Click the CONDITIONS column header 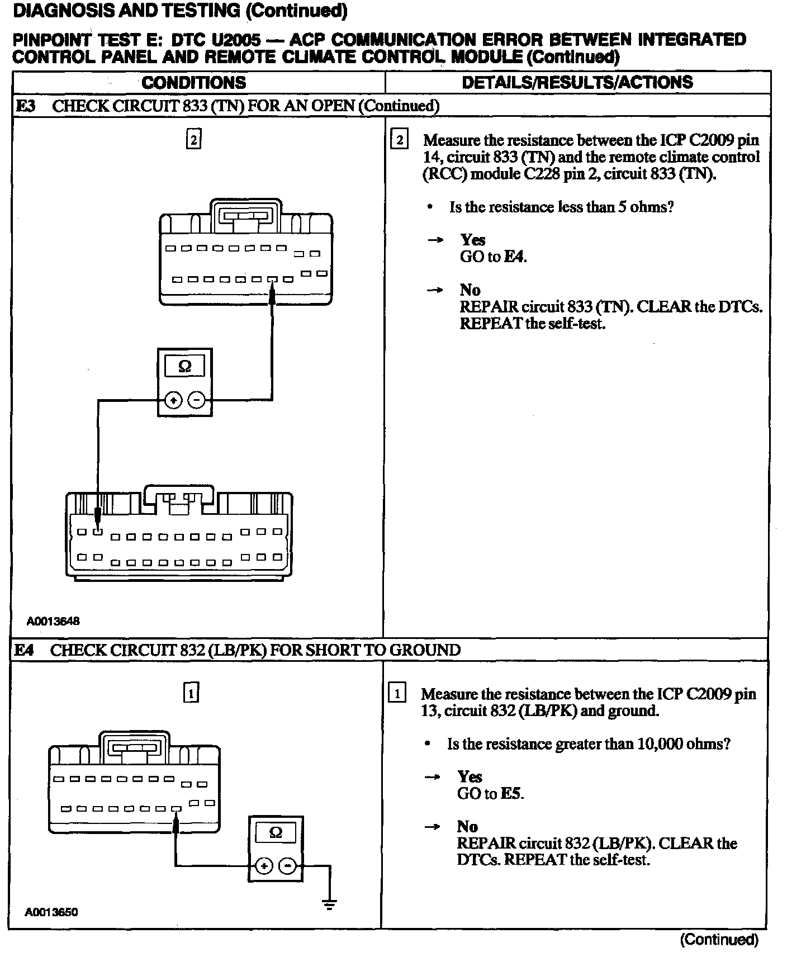(193, 83)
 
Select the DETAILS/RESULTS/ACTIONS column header (577, 83)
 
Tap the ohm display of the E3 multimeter (184, 367)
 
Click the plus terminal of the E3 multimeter (173, 400)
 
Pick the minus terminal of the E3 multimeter (196, 400)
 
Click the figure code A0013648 (53, 621)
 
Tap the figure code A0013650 (51, 912)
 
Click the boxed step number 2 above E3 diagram (193, 140)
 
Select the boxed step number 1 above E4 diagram (191, 694)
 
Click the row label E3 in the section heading (25, 106)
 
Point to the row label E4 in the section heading (24, 650)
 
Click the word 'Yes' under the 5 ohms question (473, 240)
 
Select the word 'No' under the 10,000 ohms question (467, 827)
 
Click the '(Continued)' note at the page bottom (719, 940)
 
